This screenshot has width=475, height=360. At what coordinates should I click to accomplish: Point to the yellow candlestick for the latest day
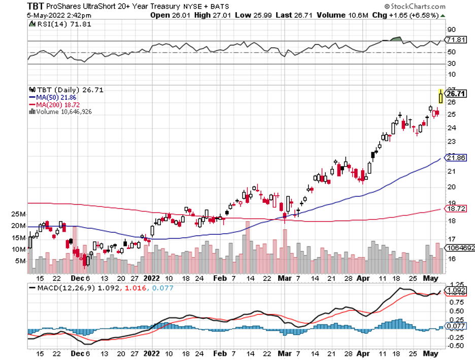click(440, 96)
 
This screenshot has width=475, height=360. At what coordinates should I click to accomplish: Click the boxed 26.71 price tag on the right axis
click(457, 93)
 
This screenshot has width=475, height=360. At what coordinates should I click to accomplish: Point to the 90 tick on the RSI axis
click(451, 29)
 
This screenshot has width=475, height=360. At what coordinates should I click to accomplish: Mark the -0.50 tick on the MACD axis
click(453, 346)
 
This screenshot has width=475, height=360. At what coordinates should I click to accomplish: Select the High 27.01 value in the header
click(203, 15)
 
